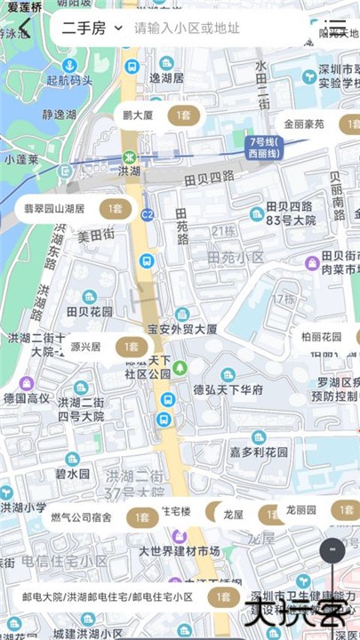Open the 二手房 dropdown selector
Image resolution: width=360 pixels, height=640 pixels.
click(x=92, y=28)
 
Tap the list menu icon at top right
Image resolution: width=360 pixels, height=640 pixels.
click(x=335, y=28)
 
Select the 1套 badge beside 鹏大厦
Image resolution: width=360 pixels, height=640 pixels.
click(x=185, y=116)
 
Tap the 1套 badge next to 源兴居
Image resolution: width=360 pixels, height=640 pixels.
click(x=131, y=347)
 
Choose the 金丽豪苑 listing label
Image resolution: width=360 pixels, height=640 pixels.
click(x=304, y=124)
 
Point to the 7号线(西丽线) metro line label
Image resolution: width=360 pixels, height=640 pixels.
click(x=264, y=147)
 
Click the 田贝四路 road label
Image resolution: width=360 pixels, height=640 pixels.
click(x=208, y=178)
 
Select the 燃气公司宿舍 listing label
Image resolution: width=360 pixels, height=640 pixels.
click(x=81, y=516)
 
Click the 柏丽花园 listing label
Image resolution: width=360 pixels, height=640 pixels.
click(x=321, y=337)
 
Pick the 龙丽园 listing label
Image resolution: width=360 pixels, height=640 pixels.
click(x=301, y=510)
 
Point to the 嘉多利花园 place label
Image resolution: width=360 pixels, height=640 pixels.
click(x=260, y=452)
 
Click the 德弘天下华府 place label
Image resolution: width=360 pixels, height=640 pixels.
click(x=228, y=389)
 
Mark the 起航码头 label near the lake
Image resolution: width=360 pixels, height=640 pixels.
click(x=68, y=80)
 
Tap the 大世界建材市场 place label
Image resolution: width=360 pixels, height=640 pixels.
click(x=179, y=551)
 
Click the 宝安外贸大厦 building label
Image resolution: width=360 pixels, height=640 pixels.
click(x=182, y=329)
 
